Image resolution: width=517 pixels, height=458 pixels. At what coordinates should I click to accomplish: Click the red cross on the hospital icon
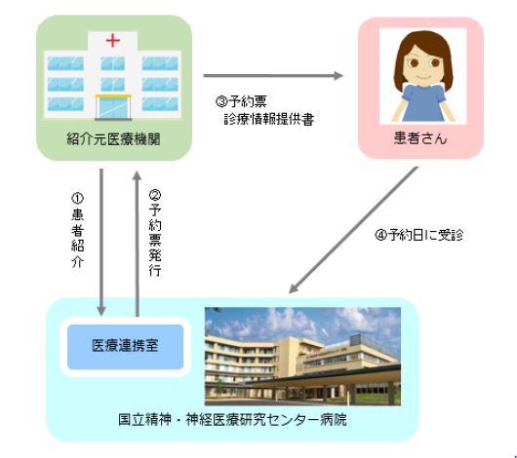tap(113, 41)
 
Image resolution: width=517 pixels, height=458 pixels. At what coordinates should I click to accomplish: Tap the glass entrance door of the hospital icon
tap(113, 108)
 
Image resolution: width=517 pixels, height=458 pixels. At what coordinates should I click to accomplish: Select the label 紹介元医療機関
tap(113, 139)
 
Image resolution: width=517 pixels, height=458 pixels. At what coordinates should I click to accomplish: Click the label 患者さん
tap(420, 138)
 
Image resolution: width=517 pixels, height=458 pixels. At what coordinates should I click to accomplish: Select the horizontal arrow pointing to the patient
tap(273, 76)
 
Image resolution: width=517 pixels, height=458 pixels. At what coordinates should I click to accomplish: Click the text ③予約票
tap(241, 101)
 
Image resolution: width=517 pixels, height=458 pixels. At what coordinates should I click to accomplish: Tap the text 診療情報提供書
tap(269, 119)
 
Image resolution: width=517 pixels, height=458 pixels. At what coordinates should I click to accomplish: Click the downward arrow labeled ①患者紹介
tap(101, 243)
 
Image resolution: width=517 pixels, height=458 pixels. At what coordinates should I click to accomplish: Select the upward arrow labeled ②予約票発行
tap(138, 245)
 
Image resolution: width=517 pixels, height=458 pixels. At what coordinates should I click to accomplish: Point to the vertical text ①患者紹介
tap(77, 230)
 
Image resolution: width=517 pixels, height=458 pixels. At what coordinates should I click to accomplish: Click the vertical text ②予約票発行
tap(155, 233)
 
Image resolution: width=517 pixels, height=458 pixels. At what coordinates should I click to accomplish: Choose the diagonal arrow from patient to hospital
tap(353, 230)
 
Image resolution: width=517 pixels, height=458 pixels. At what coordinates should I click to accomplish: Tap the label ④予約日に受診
tap(419, 235)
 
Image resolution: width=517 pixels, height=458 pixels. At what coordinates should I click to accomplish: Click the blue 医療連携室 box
tap(125, 347)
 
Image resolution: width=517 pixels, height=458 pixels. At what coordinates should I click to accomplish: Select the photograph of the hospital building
tap(302, 357)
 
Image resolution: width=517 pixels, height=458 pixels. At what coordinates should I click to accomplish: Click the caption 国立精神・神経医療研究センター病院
tap(232, 420)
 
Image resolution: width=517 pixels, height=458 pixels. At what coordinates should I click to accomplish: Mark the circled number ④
tap(380, 235)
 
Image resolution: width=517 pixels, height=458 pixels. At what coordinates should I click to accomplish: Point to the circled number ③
tap(221, 101)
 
